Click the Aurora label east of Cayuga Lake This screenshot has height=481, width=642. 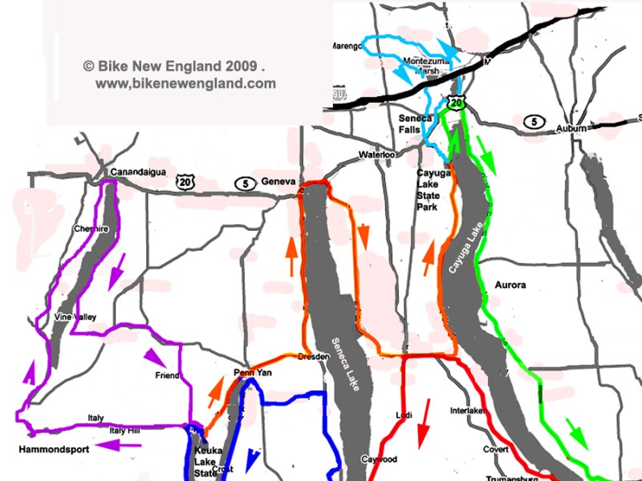[510, 285]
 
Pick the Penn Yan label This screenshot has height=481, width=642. [249, 373]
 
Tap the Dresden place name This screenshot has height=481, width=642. [313, 356]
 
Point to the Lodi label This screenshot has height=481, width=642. [404, 414]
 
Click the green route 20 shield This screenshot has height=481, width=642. [456, 103]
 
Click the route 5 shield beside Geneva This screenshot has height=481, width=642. [244, 184]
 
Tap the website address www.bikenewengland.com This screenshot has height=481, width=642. [185, 83]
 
